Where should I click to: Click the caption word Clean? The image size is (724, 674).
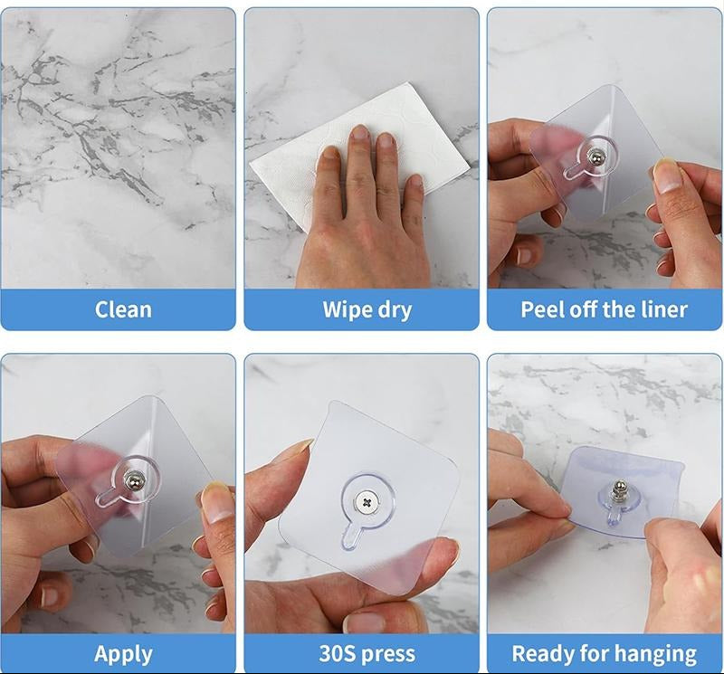click(x=123, y=309)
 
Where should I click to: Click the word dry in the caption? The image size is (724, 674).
click(x=395, y=310)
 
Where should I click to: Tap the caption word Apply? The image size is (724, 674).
click(x=123, y=655)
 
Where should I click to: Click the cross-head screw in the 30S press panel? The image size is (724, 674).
click(x=367, y=502)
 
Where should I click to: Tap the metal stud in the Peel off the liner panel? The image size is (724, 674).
click(x=595, y=158)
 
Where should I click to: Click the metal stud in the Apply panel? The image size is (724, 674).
click(x=133, y=481)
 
